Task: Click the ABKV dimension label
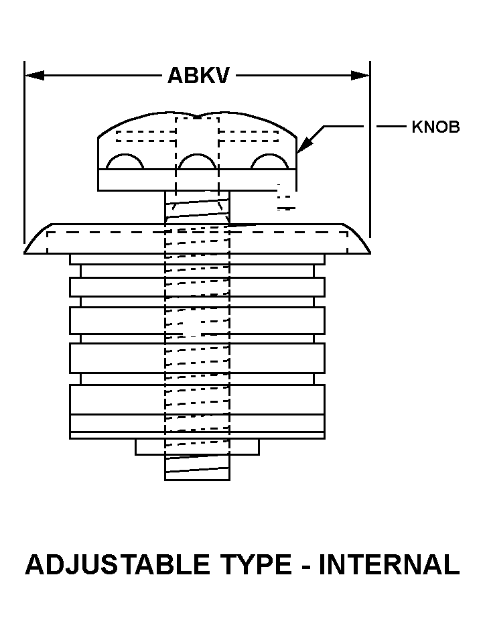click(199, 76)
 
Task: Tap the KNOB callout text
click(435, 127)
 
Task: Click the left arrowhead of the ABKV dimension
click(35, 76)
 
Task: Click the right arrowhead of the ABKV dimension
click(360, 76)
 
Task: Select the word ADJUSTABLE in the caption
click(118, 564)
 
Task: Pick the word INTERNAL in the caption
click(389, 564)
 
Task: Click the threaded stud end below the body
click(197, 468)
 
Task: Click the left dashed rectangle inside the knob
click(146, 136)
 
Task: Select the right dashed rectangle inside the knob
click(249, 136)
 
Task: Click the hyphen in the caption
click(305, 567)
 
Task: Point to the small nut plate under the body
click(197, 447)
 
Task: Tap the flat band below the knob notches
click(197, 180)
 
